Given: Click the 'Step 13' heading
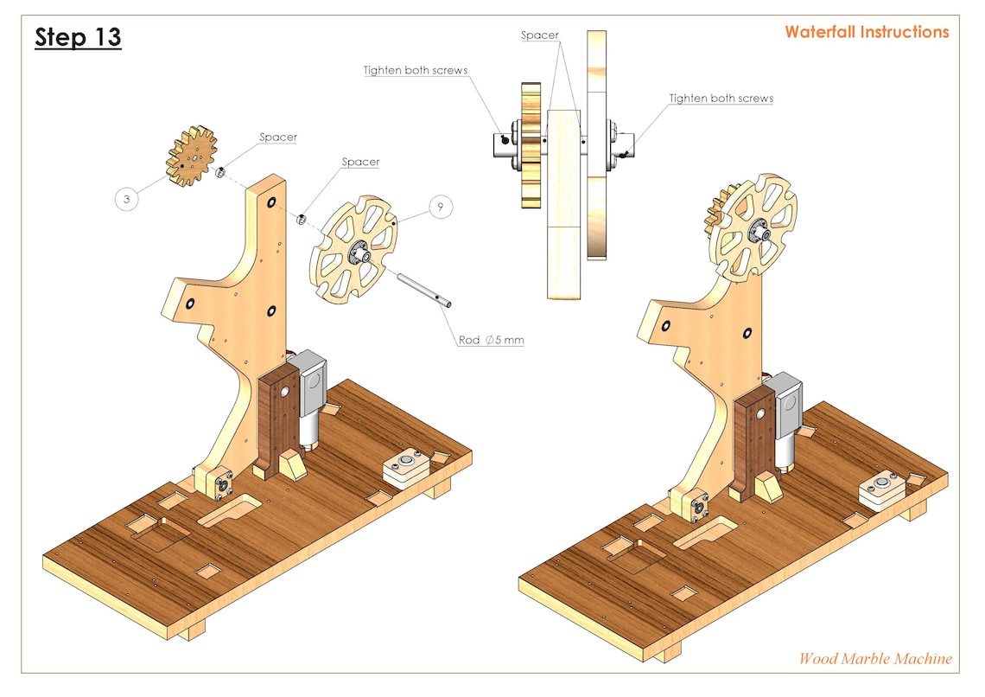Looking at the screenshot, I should coord(78,38).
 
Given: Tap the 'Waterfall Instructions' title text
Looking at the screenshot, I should coord(866,32).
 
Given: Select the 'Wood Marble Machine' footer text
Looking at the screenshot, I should coord(874,658).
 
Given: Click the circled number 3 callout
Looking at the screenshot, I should coord(127,199).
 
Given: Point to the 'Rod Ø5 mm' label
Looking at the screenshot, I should coord(491,340).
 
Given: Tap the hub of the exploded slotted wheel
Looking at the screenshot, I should coord(359,253).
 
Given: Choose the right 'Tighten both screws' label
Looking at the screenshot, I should coord(721,99).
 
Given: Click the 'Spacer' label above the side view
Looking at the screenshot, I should coord(540,35).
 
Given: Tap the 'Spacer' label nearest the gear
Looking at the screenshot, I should coord(278,137).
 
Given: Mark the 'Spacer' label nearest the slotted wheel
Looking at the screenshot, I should coord(360,162).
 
